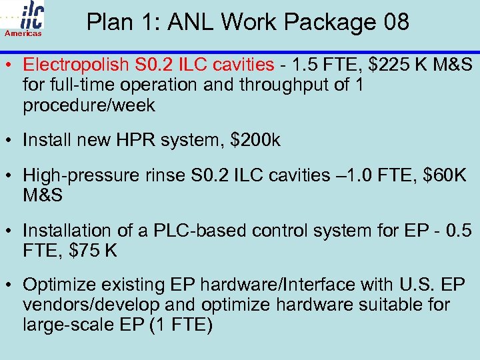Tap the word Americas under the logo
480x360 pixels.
point(24,33)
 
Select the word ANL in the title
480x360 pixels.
point(191,22)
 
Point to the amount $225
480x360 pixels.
point(379,65)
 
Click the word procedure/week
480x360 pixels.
point(89,105)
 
